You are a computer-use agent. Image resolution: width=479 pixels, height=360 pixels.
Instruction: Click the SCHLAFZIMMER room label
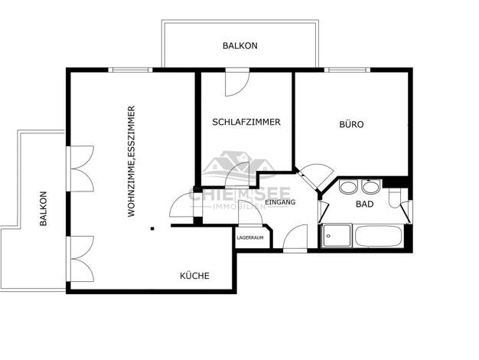click(246, 122)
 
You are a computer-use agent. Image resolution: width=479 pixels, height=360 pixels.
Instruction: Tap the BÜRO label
click(352, 125)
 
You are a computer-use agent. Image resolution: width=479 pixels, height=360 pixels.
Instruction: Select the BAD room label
click(365, 204)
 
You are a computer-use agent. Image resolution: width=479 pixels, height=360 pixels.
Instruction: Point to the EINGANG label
click(280, 202)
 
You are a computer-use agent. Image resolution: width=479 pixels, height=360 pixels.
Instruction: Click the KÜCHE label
click(194, 276)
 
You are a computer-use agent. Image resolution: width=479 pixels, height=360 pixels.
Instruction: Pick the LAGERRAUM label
click(250, 237)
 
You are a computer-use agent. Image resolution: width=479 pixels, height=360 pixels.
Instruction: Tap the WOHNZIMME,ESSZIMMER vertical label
click(132, 162)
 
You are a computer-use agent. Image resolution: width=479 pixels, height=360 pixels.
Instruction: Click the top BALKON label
click(240, 46)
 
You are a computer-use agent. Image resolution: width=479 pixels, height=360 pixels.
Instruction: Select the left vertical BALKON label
click(44, 208)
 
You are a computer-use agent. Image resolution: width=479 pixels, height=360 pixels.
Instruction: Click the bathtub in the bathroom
click(378, 235)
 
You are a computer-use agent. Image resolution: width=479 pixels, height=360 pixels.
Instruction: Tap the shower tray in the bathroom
click(337, 235)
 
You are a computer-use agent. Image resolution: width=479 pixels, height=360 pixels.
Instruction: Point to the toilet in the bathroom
click(395, 198)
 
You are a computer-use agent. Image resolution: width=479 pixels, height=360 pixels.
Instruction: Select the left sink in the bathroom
click(348, 187)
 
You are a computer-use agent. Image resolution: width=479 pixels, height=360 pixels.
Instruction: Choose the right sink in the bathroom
click(371, 187)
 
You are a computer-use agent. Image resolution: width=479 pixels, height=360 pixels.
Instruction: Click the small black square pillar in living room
click(152, 228)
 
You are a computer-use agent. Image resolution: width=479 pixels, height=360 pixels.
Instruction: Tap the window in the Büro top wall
click(347, 70)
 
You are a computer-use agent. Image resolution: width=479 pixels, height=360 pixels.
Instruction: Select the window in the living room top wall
click(130, 70)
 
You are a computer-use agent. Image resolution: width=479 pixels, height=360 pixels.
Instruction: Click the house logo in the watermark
click(237, 167)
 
